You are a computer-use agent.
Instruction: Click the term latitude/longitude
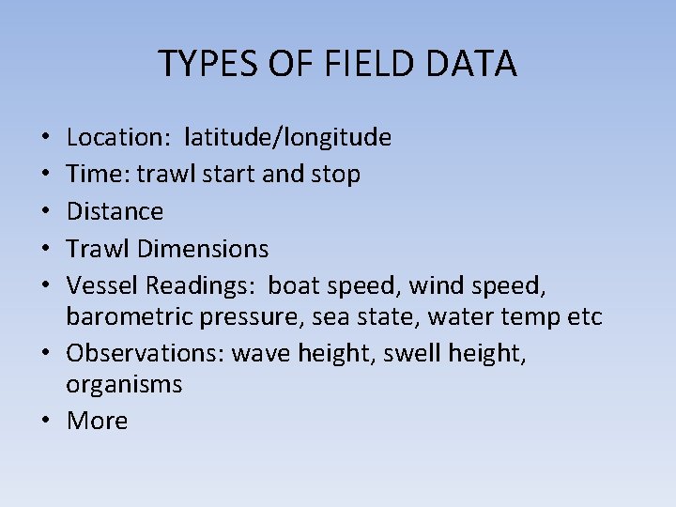click(x=288, y=138)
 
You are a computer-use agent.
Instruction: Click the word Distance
click(x=115, y=211)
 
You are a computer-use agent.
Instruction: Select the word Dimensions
click(x=203, y=249)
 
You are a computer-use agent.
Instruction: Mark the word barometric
click(x=123, y=317)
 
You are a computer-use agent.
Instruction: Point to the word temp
click(x=524, y=317)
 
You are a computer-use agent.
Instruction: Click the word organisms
click(x=124, y=385)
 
